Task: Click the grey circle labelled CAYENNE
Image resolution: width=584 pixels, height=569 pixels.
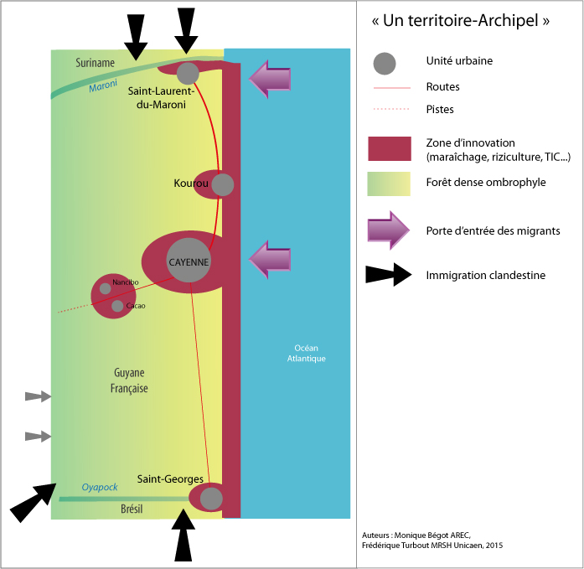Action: pyautogui.click(x=189, y=261)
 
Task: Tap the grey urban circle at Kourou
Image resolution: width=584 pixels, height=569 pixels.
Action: pyautogui.click(x=223, y=184)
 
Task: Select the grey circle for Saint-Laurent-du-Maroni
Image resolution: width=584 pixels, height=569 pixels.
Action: pyautogui.click(x=188, y=74)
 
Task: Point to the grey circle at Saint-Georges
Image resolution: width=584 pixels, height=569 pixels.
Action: pyautogui.click(x=211, y=499)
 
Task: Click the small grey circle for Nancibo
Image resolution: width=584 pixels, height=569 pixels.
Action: pyautogui.click(x=106, y=288)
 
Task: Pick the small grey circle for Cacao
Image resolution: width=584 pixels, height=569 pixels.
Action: pyautogui.click(x=117, y=306)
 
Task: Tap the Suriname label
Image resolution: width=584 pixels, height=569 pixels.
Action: pyautogui.click(x=95, y=63)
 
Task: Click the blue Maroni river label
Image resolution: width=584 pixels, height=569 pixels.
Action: pyautogui.click(x=103, y=85)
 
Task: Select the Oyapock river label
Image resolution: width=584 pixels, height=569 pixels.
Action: pyautogui.click(x=100, y=487)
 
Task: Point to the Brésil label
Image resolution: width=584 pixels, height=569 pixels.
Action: pyautogui.click(x=132, y=509)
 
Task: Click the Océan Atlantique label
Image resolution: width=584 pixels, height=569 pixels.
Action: pyautogui.click(x=306, y=353)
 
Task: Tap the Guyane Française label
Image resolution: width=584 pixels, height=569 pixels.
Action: pyautogui.click(x=129, y=380)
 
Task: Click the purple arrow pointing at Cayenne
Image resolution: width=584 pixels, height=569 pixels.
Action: pyautogui.click(x=270, y=259)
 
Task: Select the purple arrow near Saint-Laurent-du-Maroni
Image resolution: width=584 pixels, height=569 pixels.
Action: pyautogui.click(x=270, y=79)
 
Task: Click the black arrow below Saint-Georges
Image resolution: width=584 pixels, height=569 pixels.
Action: pyautogui.click(x=183, y=535)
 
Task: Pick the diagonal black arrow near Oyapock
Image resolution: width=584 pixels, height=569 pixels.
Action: pyautogui.click(x=34, y=502)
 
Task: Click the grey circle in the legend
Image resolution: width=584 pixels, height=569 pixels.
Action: pyautogui.click(x=385, y=64)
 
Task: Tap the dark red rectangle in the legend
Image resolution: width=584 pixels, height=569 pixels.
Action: pyautogui.click(x=390, y=148)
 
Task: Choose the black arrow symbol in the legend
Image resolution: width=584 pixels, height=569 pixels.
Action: pyautogui.click(x=389, y=275)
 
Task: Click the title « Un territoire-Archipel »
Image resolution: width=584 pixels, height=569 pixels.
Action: pyautogui.click(x=461, y=21)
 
